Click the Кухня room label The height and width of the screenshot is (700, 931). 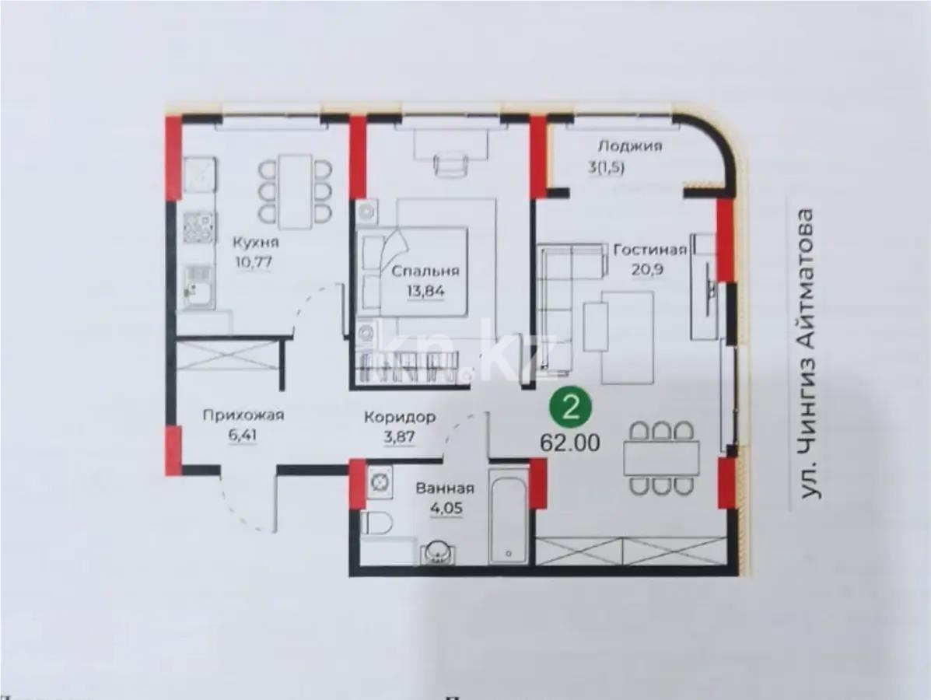(256, 242)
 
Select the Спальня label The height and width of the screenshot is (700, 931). (425, 271)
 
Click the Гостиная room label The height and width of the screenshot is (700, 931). (650, 250)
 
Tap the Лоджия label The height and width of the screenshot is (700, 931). (630, 145)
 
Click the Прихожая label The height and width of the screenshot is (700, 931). (243, 415)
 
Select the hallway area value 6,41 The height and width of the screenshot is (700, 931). (243, 435)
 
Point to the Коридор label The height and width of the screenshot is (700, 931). (400, 418)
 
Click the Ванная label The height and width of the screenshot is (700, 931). (444, 489)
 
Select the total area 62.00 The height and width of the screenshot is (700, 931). (570, 443)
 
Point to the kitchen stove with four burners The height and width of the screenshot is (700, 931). (199, 229)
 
